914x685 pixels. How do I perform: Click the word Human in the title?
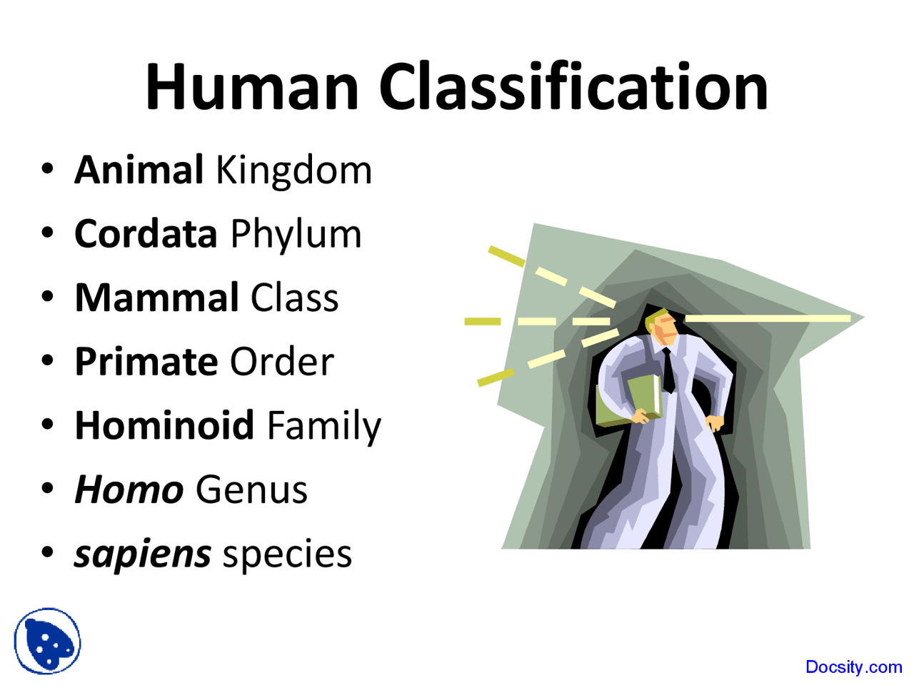click(251, 87)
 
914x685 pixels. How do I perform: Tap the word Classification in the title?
click(573, 87)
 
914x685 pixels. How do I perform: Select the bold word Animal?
click(139, 171)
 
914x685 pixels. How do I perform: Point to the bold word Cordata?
click(146, 234)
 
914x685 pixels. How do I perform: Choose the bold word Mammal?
click(156, 298)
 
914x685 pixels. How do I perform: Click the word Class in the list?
click(294, 298)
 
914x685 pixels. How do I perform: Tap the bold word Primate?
click(146, 362)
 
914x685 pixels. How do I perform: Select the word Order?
click(281, 362)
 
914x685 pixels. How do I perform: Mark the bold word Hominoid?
click(164, 425)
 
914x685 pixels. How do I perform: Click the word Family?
click(323, 427)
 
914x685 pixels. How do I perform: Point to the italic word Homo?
click(129, 490)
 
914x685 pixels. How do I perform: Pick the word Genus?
click(251, 490)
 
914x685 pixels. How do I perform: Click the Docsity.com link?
click(853, 667)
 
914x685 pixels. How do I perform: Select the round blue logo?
click(48, 641)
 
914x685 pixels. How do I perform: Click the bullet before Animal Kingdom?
click(47, 171)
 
